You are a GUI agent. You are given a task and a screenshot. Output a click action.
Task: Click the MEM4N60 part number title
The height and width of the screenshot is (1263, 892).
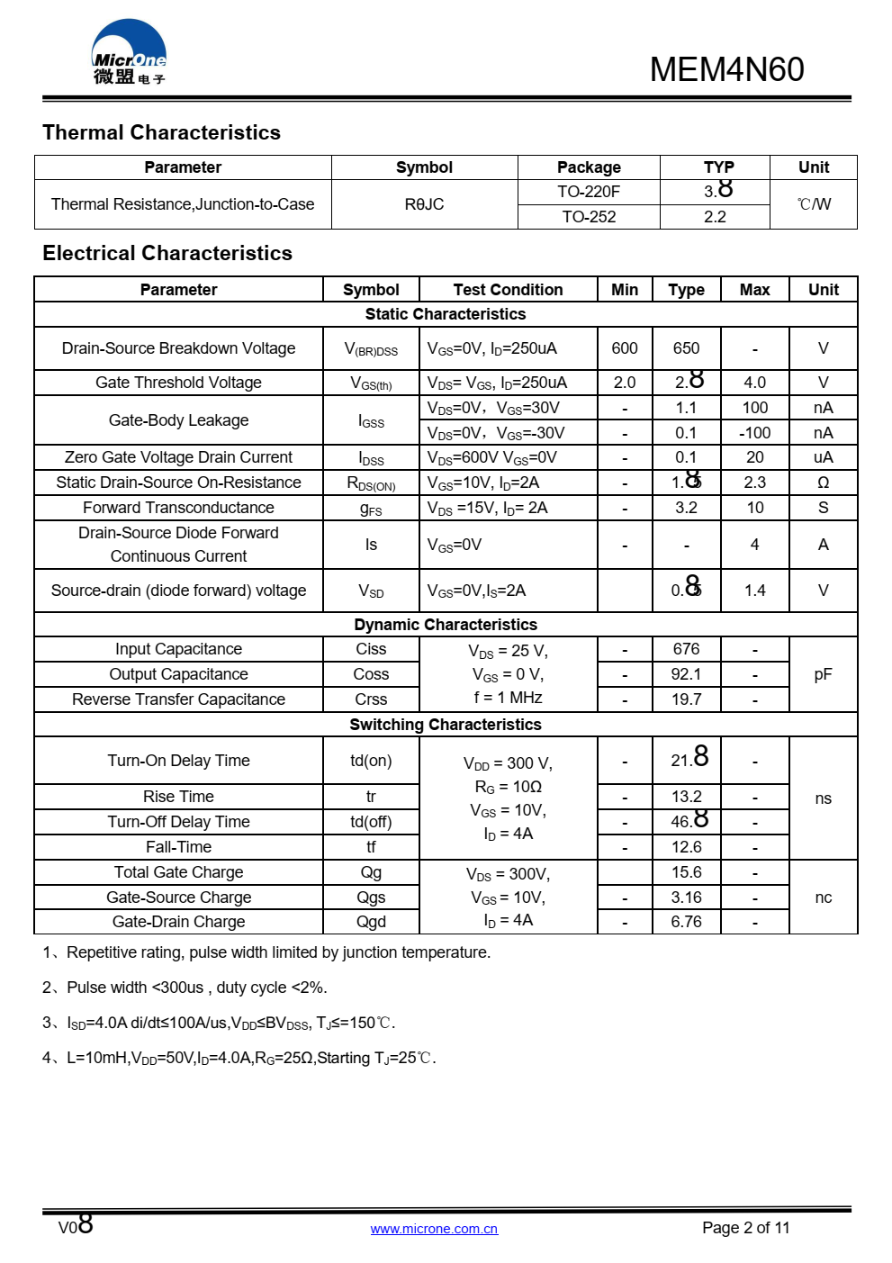click(726, 69)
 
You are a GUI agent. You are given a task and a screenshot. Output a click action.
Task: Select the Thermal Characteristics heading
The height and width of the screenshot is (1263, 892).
click(161, 132)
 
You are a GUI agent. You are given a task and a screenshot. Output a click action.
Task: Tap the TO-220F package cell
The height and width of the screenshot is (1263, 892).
click(589, 192)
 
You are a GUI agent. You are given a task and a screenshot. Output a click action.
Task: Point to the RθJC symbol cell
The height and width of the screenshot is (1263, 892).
click(424, 204)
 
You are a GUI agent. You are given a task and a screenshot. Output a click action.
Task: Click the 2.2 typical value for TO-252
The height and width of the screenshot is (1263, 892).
click(715, 217)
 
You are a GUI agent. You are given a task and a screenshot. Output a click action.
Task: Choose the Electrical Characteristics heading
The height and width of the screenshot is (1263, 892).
click(167, 253)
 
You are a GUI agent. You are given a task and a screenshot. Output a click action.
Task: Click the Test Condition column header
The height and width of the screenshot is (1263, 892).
click(508, 290)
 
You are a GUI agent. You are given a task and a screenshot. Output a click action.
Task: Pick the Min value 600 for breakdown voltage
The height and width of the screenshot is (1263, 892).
click(624, 348)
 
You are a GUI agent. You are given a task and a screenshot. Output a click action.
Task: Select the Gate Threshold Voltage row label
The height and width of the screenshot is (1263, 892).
click(178, 383)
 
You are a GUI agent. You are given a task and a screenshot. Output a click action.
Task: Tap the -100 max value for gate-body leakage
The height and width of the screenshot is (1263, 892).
click(754, 433)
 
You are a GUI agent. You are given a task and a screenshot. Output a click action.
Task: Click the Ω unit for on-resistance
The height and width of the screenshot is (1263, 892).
click(823, 483)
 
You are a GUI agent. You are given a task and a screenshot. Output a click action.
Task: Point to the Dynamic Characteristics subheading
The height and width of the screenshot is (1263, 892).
click(446, 625)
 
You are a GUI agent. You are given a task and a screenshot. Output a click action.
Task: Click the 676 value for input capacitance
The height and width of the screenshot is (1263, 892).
click(686, 649)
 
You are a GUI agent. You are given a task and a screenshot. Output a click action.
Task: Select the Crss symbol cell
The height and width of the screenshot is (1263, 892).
click(371, 699)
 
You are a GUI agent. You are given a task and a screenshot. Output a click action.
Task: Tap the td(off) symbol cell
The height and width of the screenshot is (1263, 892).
click(371, 822)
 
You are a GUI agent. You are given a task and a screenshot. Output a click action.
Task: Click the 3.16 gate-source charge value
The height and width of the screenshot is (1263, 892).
click(686, 898)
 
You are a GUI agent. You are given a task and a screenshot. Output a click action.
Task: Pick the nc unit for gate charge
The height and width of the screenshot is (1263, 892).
click(823, 898)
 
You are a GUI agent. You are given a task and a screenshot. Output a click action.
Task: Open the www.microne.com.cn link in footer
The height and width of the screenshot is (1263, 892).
click(434, 1229)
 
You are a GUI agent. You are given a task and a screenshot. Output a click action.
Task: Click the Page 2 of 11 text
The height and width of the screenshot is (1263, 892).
click(745, 1228)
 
